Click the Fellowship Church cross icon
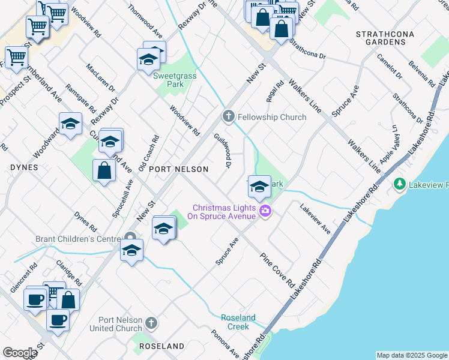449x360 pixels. point(228,116)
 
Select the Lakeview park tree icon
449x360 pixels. point(399,184)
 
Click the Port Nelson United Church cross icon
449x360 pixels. point(151,323)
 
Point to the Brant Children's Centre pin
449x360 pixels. point(128,238)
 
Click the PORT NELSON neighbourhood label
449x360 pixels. point(178,169)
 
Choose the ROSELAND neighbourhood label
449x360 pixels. point(161,347)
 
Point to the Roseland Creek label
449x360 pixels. point(238,322)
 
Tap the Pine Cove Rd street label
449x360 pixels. point(277,269)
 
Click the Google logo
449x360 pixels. point(20,353)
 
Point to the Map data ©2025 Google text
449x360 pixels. point(411,355)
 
